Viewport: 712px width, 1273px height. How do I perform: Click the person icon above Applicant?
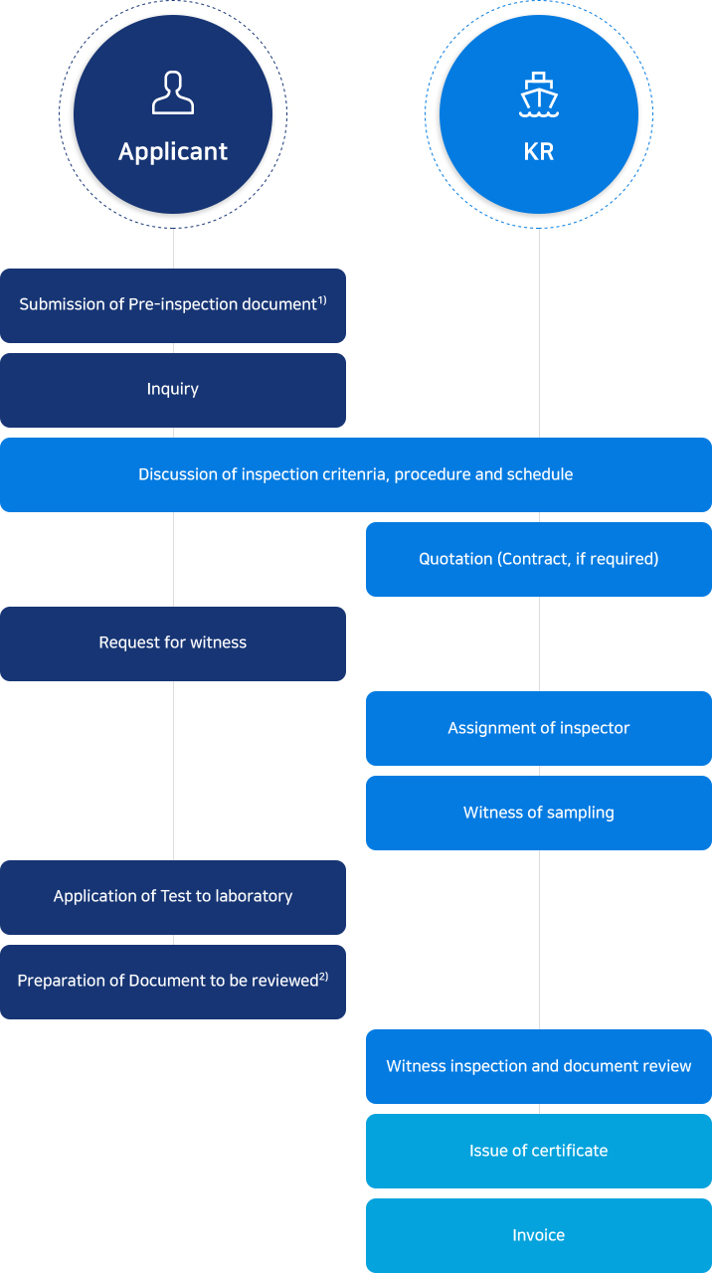point(173,92)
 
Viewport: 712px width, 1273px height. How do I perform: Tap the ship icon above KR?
point(539,94)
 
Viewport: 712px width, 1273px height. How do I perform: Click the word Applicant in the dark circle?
point(173,152)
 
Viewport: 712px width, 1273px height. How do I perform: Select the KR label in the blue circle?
point(539,152)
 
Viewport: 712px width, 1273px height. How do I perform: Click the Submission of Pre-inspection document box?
point(173,305)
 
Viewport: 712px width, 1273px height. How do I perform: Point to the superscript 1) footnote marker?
point(322,299)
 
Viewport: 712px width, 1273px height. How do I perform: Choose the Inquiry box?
point(173,391)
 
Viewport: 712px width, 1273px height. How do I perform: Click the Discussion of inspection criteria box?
point(356,474)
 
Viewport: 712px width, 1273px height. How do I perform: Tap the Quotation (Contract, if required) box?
point(539,559)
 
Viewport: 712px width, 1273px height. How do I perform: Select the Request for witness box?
point(173,643)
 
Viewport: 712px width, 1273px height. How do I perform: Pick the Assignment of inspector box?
point(539,729)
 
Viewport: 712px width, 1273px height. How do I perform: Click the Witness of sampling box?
point(539,813)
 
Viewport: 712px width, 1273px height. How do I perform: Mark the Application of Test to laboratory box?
point(173,897)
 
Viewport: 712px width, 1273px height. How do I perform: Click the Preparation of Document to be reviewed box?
point(173,982)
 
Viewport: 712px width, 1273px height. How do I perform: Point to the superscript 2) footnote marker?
point(324,976)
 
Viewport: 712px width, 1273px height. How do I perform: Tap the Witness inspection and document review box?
point(539,1067)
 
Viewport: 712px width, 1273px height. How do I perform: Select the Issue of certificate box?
point(539,1151)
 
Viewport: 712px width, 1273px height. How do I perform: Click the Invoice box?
point(539,1235)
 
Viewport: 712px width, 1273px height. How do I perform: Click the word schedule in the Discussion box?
point(540,474)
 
